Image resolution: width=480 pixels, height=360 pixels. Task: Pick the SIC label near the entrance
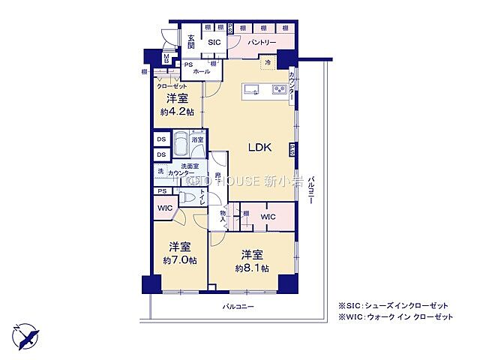214,43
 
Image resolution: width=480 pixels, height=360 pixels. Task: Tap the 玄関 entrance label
191,42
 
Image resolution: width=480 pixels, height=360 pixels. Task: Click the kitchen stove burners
280,91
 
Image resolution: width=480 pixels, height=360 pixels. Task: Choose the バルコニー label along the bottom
238,307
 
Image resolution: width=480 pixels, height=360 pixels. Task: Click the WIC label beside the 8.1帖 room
267,217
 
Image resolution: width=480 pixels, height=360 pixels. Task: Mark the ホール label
201,71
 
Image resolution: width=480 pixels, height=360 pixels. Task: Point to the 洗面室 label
189,166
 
